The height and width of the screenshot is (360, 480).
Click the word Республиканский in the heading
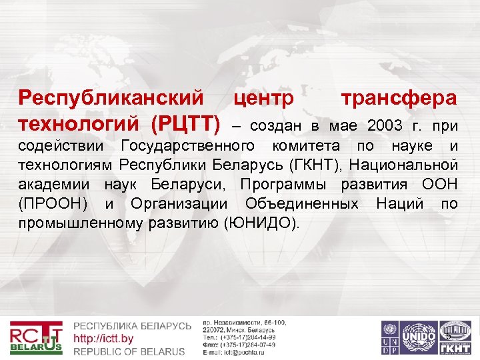tap(111, 98)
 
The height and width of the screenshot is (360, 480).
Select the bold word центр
tap(264, 99)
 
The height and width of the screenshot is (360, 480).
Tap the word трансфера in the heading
tap(399, 99)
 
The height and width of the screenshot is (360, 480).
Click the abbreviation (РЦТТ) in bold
tap(185, 123)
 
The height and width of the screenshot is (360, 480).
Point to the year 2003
tap(385, 125)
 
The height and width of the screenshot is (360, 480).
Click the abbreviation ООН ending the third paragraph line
tap(440, 183)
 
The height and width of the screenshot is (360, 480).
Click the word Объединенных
tap(303, 202)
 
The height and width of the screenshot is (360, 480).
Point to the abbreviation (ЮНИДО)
tap(262, 222)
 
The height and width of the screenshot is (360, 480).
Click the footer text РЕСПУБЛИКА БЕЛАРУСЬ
tap(132, 326)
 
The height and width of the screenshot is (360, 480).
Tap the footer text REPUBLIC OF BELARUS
tap(129, 351)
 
